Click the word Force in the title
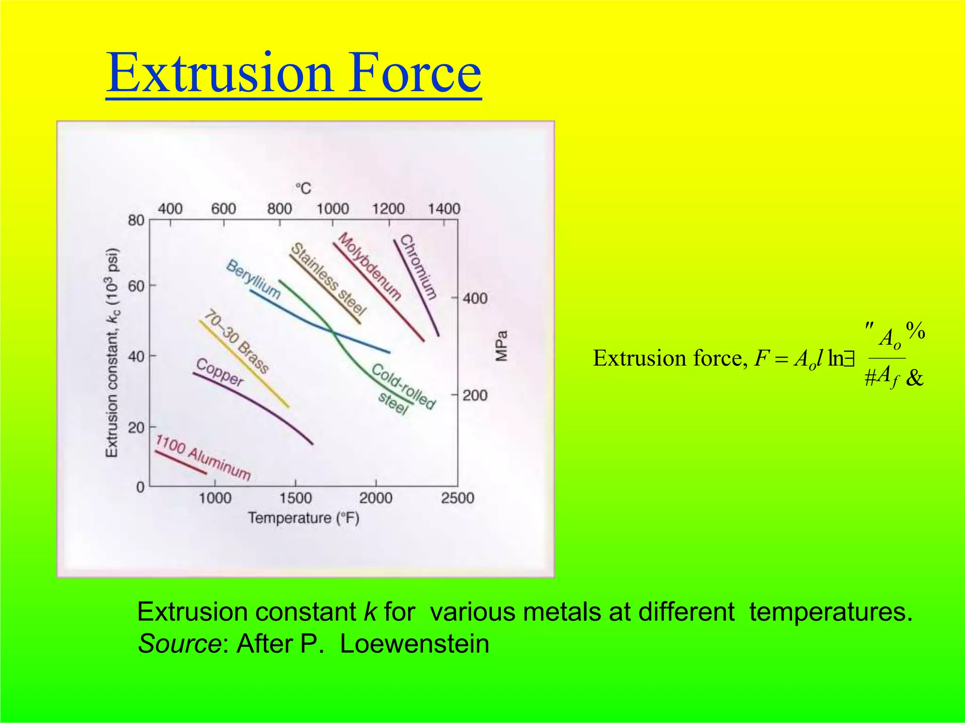pos(415,73)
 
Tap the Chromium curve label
pos(418,267)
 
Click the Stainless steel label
pos(328,279)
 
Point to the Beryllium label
pos(253,279)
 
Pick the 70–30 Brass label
pos(237,341)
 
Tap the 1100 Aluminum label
pos(203,458)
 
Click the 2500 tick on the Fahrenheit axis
pos(457,498)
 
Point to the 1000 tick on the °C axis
pos(332,209)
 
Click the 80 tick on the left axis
pos(136,220)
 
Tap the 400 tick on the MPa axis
pos(475,298)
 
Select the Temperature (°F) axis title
pos(303,518)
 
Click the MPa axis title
pos(502,346)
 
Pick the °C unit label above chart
pos(303,188)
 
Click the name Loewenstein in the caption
pos(414,643)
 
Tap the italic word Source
pos(179,643)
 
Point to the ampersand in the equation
pos(914,378)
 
